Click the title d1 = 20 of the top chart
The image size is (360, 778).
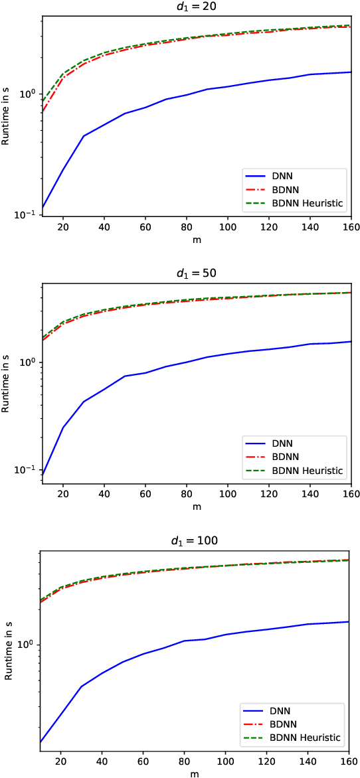click(x=196, y=7)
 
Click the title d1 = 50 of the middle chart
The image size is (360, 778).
click(x=196, y=274)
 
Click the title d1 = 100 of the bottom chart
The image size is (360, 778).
click(x=196, y=541)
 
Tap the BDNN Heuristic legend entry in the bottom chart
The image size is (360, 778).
click(x=292, y=737)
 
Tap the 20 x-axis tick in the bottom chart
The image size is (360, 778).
click(x=61, y=761)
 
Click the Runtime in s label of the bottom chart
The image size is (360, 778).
click(x=7, y=651)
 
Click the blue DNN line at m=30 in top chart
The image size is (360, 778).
click(x=84, y=136)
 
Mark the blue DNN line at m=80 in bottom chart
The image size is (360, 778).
click(x=185, y=641)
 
